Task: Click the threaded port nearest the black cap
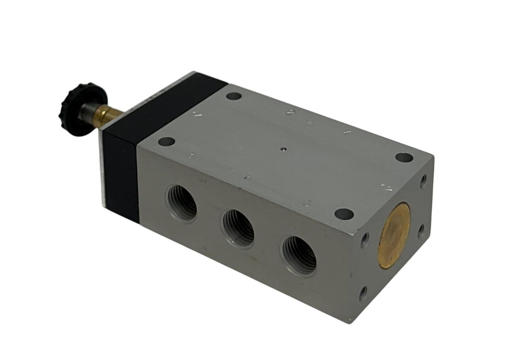click(x=181, y=202)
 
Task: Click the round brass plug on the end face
click(x=394, y=235)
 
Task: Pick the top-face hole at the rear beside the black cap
click(x=233, y=96)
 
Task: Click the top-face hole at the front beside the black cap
click(x=167, y=141)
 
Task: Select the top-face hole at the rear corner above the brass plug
click(x=404, y=157)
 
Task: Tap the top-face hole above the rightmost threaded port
click(x=343, y=213)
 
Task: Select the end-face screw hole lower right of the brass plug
click(x=421, y=230)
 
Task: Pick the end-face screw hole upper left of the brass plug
click(x=365, y=239)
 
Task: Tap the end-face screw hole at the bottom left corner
click(x=363, y=294)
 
